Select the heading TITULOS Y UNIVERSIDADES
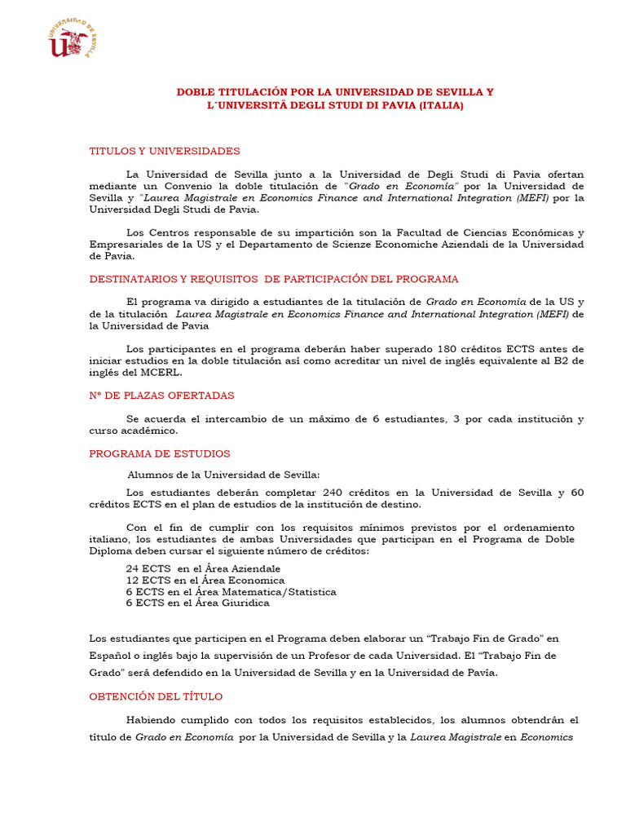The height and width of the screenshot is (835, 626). click(x=164, y=151)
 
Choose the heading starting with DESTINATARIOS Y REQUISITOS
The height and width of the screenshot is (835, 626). click(x=273, y=279)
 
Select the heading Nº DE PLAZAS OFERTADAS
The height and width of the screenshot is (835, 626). click(x=161, y=395)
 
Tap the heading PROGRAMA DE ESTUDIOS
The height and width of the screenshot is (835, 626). click(x=160, y=453)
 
